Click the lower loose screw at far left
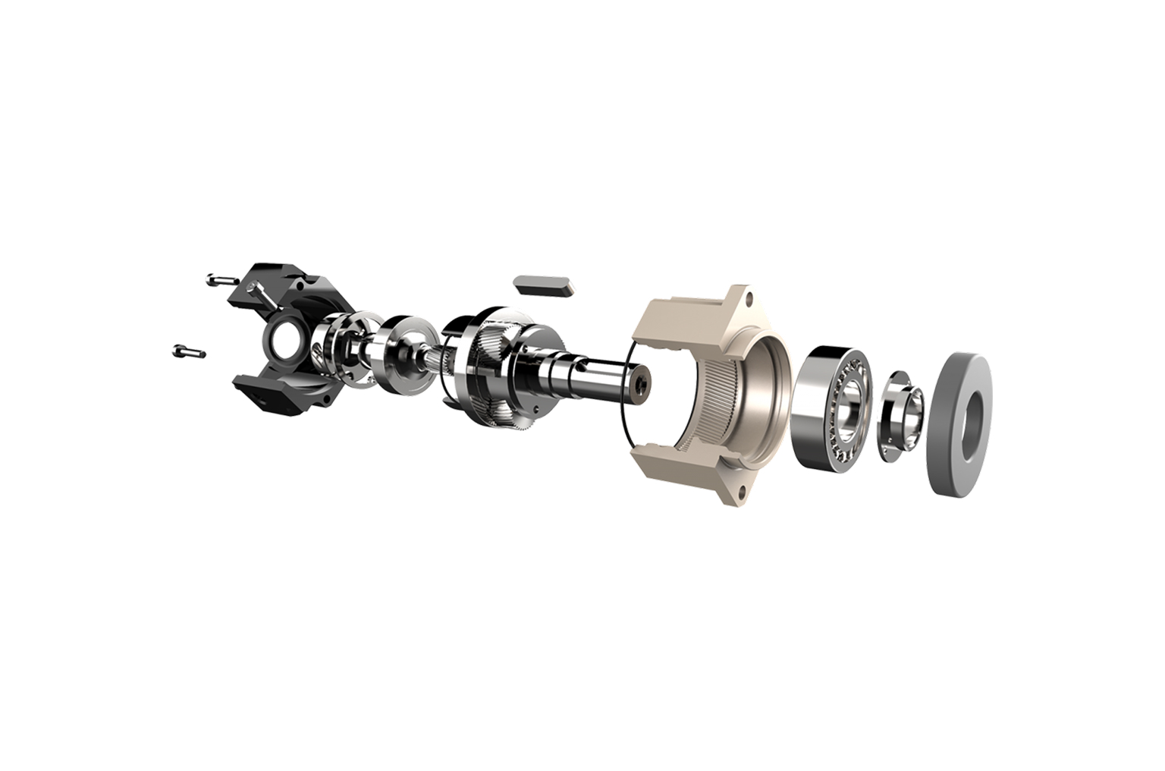189,351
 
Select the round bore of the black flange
283,343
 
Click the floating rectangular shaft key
543,285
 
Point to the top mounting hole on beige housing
751,298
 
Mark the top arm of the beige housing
683,311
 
